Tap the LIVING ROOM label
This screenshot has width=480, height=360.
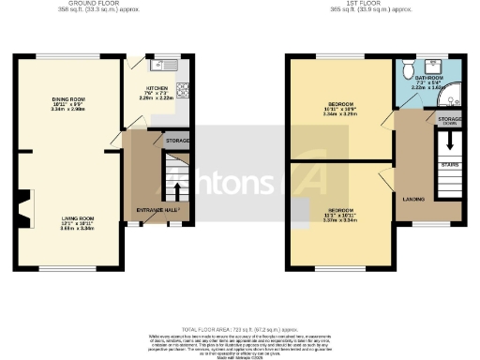point(69,222)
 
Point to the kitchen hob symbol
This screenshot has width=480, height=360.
point(184,92)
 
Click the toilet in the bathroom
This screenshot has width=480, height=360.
point(405,69)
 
